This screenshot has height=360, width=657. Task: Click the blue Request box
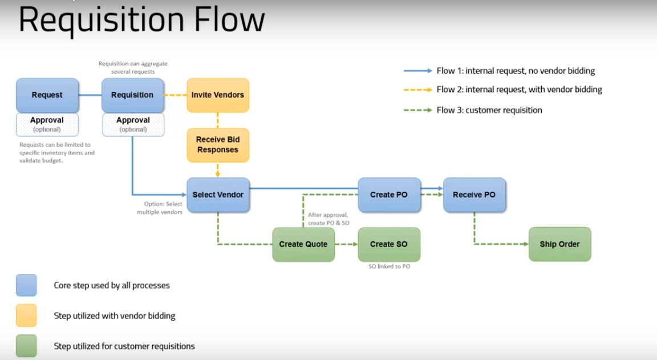(47, 95)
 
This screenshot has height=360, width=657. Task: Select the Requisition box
(132, 95)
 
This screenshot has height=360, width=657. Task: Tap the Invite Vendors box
(218, 95)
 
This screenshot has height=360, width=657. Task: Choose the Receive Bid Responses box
(218, 145)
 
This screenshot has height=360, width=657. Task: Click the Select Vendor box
(218, 195)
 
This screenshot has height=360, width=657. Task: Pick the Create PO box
(389, 195)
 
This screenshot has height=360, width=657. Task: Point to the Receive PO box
(474, 195)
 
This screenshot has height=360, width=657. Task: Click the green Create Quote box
(303, 244)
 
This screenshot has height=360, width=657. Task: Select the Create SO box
(389, 244)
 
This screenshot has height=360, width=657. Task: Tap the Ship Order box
(559, 244)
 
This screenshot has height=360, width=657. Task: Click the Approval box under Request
(47, 124)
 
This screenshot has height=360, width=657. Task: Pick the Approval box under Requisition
(133, 124)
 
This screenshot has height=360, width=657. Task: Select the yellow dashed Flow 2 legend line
(417, 90)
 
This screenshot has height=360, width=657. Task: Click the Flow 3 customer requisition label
(489, 110)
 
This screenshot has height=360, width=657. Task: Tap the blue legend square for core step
(26, 285)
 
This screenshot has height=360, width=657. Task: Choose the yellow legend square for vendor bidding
(26, 315)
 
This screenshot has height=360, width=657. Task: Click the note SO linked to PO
(389, 266)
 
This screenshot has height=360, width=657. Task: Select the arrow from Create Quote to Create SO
(346, 244)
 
